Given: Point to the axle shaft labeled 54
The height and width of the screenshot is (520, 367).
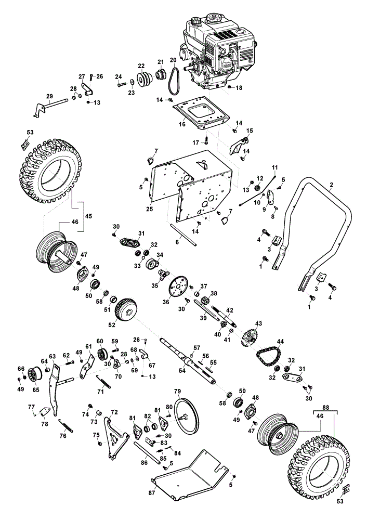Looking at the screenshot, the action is pyautogui.click(x=187, y=361).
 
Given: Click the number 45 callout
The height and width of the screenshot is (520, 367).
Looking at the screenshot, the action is pyautogui.click(x=88, y=216).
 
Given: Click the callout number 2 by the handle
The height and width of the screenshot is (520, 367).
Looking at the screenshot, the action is pyautogui.click(x=331, y=185).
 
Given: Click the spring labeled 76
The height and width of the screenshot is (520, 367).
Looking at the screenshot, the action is pyautogui.click(x=65, y=425).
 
